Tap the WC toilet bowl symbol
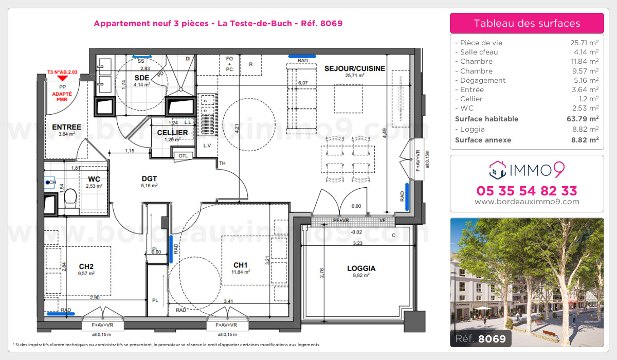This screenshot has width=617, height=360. coord(71,197)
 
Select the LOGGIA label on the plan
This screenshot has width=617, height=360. coord(361,268)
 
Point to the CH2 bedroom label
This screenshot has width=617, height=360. coord(86,266)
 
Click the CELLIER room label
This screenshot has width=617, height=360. coord(173,132)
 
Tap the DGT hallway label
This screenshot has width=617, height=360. coord(149,178)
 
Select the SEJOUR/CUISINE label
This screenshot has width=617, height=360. coord(354,68)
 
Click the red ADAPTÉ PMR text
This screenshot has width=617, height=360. coord(63,98)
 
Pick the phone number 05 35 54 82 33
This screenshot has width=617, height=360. coord(527,191)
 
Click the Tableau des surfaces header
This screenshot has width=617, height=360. coord(527,23)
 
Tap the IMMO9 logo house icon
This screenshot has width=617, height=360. coord(497,168)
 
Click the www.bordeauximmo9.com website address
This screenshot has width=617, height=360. coord(527,202)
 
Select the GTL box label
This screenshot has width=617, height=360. coord(183,155)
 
